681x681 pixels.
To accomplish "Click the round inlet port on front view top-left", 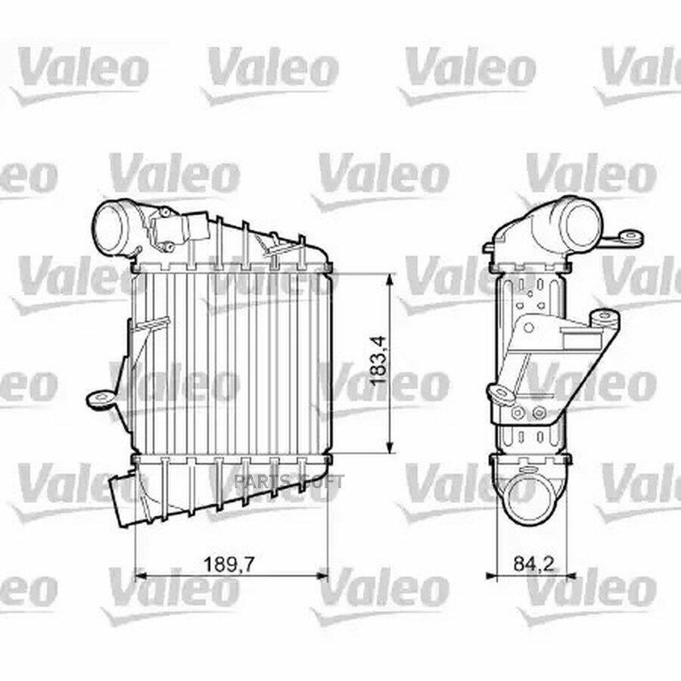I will (x=115, y=223).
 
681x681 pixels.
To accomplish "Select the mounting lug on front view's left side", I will (x=99, y=396).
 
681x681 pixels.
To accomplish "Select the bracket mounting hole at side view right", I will (x=602, y=319).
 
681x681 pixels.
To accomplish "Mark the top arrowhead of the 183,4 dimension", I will (x=390, y=278).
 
